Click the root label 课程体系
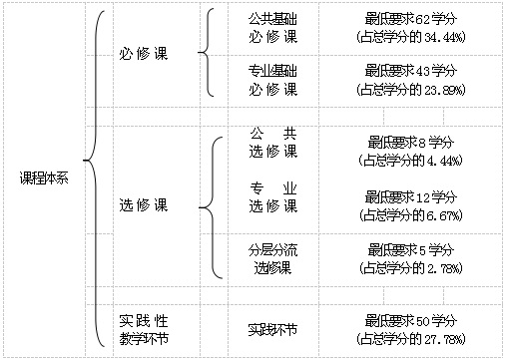pos(44,179)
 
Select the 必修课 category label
pos(144,54)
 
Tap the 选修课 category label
pos(144,205)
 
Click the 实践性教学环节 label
pos(144,330)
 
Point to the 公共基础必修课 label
pos(272,28)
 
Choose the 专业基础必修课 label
pos(272,80)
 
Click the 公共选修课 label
pos(273,143)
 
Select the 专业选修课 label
pos(273,197)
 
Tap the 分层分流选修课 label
pos(272,259)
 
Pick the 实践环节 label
pos(272,330)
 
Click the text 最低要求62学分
pos(410,19)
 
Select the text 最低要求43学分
pos(410,71)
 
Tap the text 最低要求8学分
pos(410,143)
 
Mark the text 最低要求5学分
pos(410,250)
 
